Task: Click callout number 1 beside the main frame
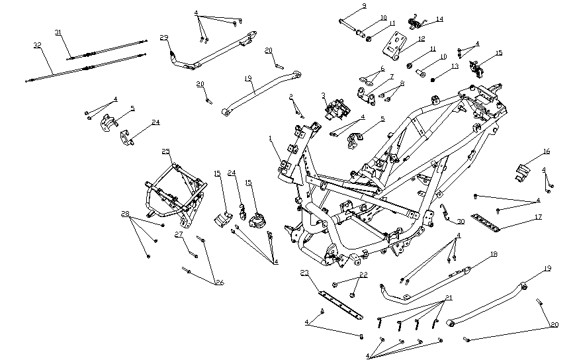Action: click(x=270, y=138)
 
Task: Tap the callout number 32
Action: click(x=37, y=45)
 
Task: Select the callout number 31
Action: click(x=58, y=32)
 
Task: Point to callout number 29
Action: click(x=164, y=37)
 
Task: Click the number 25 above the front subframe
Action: click(x=165, y=152)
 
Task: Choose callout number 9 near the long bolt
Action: click(x=364, y=6)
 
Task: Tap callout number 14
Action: click(x=440, y=19)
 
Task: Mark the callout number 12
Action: click(x=421, y=38)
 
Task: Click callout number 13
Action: click(x=455, y=67)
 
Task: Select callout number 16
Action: click(x=547, y=152)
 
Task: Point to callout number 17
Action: click(x=539, y=217)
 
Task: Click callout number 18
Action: click(x=494, y=254)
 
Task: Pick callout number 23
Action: click(x=305, y=273)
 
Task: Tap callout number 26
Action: click(x=220, y=282)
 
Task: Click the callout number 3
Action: click(x=324, y=96)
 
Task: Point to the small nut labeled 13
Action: click(x=432, y=79)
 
